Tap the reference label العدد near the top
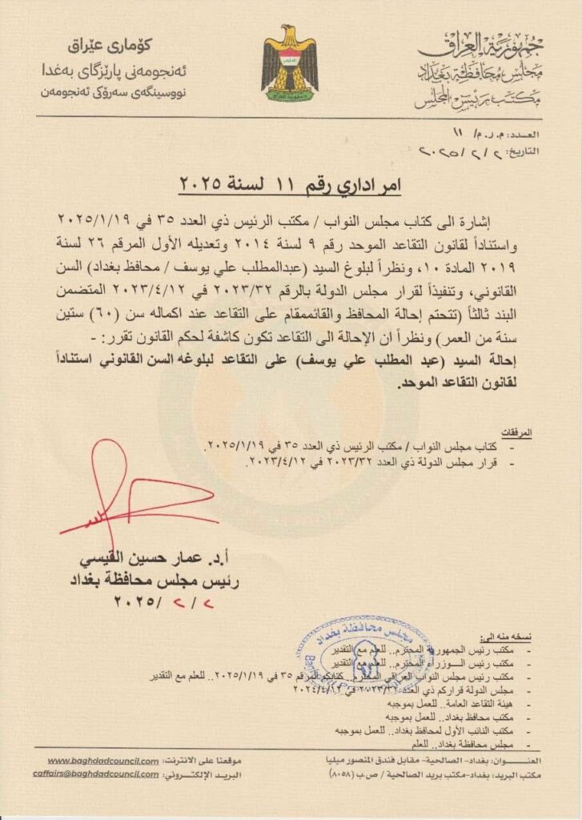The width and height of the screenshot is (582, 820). tap(524, 134)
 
